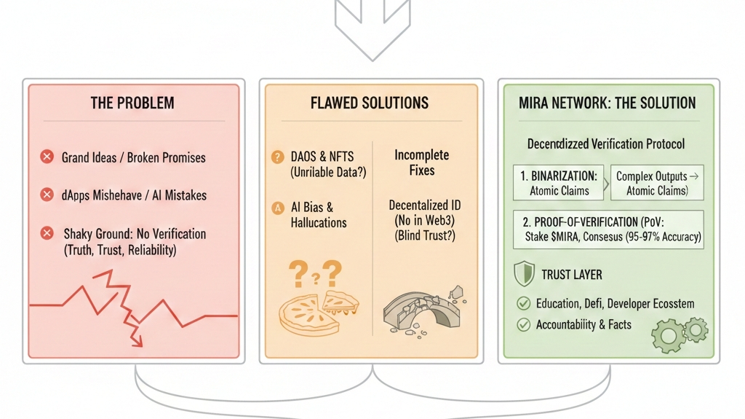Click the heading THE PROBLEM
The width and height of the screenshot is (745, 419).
(x=132, y=103)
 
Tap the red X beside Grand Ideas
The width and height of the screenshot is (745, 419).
(x=47, y=157)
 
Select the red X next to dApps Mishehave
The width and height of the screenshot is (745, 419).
(x=47, y=195)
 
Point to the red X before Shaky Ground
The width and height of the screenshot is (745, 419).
(x=47, y=233)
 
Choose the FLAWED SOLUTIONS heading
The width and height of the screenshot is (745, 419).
(x=370, y=103)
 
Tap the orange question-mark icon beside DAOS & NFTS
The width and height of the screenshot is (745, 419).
(x=277, y=157)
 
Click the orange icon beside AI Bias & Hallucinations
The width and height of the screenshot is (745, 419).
(x=277, y=208)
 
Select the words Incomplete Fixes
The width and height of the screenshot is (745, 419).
(x=421, y=162)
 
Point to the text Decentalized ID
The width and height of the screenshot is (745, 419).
(x=424, y=205)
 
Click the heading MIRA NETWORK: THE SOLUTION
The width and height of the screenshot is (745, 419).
(x=607, y=103)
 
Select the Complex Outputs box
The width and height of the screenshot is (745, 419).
(x=658, y=183)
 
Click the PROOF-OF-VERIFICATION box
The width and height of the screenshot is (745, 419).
(x=607, y=230)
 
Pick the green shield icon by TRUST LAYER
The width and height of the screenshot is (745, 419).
(x=524, y=274)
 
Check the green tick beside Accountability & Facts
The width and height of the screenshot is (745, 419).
(x=523, y=325)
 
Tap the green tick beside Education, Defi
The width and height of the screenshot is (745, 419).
(x=523, y=303)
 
